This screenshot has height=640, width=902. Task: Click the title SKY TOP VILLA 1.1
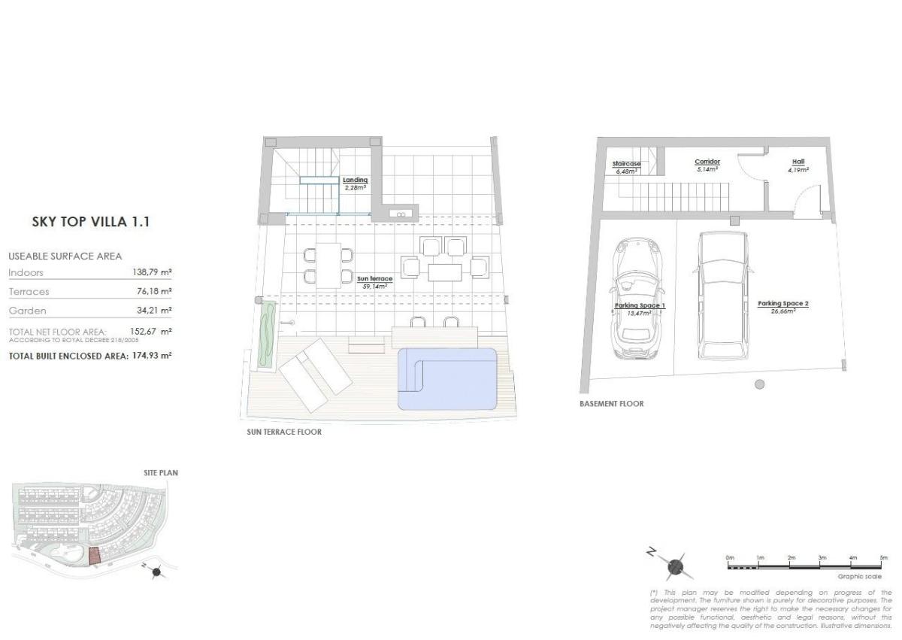click(91, 222)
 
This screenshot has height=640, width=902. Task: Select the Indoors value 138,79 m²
click(152, 272)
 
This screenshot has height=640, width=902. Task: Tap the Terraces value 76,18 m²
click(152, 291)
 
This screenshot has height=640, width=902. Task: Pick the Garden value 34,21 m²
click(152, 310)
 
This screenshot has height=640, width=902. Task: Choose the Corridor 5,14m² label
click(707, 165)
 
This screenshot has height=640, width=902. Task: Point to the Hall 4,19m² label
click(798, 165)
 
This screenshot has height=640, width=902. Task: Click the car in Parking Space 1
click(637, 297)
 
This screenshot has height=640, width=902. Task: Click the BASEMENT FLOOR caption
click(611, 404)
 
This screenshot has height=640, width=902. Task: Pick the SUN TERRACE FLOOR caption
click(284, 432)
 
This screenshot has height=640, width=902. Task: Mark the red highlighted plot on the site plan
click(94, 557)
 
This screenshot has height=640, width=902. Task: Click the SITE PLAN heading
click(160, 473)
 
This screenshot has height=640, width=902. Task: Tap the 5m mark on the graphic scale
click(883, 558)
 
